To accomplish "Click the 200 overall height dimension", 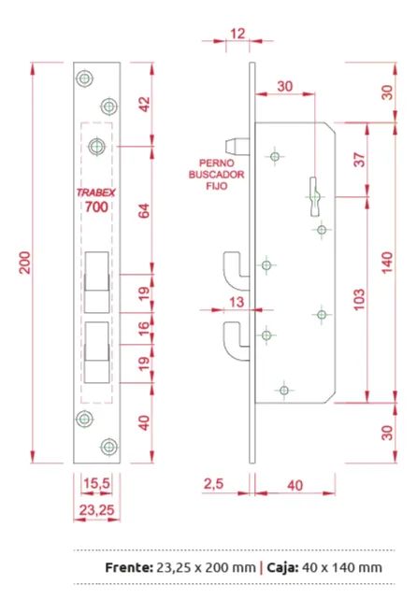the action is click(x=25, y=263).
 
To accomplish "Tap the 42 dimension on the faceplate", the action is click(x=144, y=105).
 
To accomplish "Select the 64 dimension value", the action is click(x=144, y=211).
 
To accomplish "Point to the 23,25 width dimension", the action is click(x=96, y=510).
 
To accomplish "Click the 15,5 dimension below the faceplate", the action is click(x=96, y=484).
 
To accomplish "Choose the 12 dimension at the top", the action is click(x=237, y=34).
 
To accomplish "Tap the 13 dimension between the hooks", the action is click(x=237, y=302).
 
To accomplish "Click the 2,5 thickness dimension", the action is click(x=213, y=484).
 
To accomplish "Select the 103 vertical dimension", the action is click(x=359, y=300).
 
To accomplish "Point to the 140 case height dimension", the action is click(x=386, y=263).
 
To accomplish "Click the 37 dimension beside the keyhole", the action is click(x=359, y=160).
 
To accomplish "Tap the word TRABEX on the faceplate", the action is click(x=96, y=192).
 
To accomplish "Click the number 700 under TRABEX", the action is click(x=96, y=206).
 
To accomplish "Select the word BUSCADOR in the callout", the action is click(x=216, y=175).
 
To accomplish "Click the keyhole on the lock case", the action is click(x=314, y=196).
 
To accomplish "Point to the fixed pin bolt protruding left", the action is click(x=237, y=146).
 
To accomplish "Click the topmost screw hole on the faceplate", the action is click(x=84, y=78).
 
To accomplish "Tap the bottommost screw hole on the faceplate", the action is click(x=109, y=447).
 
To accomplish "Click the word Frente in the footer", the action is click(x=129, y=567).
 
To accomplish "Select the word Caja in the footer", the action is click(x=282, y=567).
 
